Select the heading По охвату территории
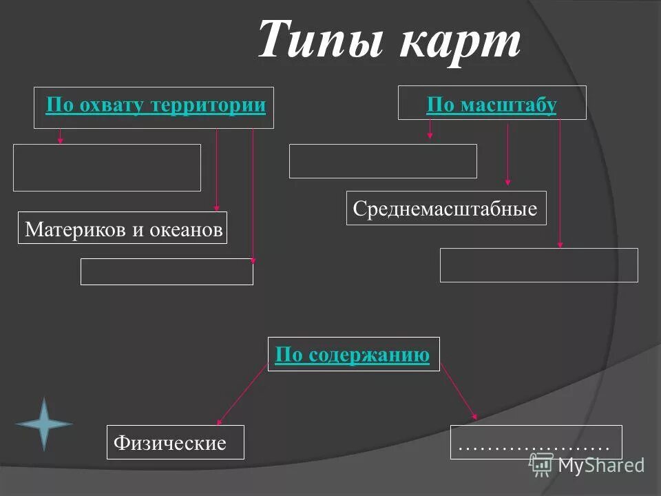tap(156, 105)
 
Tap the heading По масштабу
tap(491, 105)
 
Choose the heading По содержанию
tap(352, 355)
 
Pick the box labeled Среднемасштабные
tap(445, 208)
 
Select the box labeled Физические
tap(176, 442)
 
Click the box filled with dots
tap(536, 442)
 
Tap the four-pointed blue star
tap(44, 424)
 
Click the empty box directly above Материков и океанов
tap(107, 167)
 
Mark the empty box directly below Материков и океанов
tap(167, 271)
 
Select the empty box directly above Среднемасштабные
tap(383, 161)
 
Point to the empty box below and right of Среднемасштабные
tap(538, 265)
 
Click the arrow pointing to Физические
tap(241, 395)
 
